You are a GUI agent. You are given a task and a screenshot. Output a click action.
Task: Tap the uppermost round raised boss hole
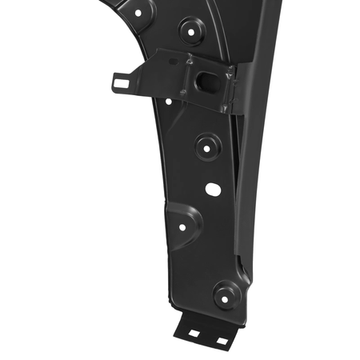pos(191,32)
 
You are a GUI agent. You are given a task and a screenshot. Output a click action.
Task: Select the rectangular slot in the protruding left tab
pos(122,80)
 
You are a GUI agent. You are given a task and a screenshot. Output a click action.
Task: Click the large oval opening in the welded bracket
pos(206,81)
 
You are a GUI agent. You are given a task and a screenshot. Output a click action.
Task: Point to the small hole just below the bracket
pos(169,102)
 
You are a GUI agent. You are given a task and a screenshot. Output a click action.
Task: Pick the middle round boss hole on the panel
pos(207,146)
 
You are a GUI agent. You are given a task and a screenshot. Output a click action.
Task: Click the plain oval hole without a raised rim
pos(213,189)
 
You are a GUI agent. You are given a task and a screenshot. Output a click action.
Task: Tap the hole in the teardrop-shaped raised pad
pos(182,227)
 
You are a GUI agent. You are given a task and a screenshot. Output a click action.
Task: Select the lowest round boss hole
pos(226,294)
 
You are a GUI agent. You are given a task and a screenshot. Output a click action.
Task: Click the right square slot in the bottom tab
pos(221,341)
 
